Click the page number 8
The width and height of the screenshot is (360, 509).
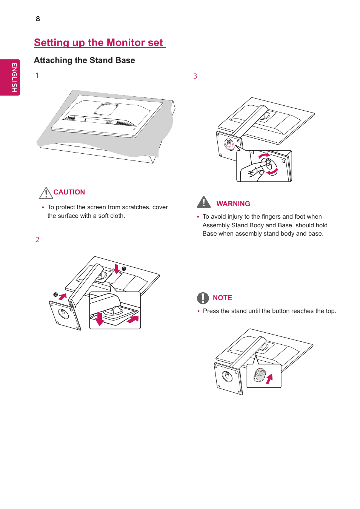click(38, 19)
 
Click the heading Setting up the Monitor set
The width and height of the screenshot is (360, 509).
click(100, 43)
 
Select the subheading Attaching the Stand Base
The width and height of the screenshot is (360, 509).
click(85, 60)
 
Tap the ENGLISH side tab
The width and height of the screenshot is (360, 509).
click(14, 77)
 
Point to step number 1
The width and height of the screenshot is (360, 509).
click(37, 76)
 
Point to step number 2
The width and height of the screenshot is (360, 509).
click(37, 240)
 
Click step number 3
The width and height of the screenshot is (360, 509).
click(195, 76)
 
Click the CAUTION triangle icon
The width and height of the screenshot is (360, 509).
click(46, 193)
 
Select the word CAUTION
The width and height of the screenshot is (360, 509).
click(69, 192)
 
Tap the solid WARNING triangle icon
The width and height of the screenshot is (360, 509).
click(204, 202)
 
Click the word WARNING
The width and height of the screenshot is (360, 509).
click(233, 204)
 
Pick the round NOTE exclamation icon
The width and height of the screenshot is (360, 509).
click(203, 298)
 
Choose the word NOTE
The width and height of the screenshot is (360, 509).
click(222, 298)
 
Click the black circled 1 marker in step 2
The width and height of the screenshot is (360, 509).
click(124, 269)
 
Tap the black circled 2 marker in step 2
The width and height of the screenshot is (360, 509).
click(55, 295)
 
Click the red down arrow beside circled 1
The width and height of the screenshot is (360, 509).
click(117, 269)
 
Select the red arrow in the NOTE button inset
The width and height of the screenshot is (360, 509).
click(269, 379)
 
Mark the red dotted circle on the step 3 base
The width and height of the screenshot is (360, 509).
click(229, 143)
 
